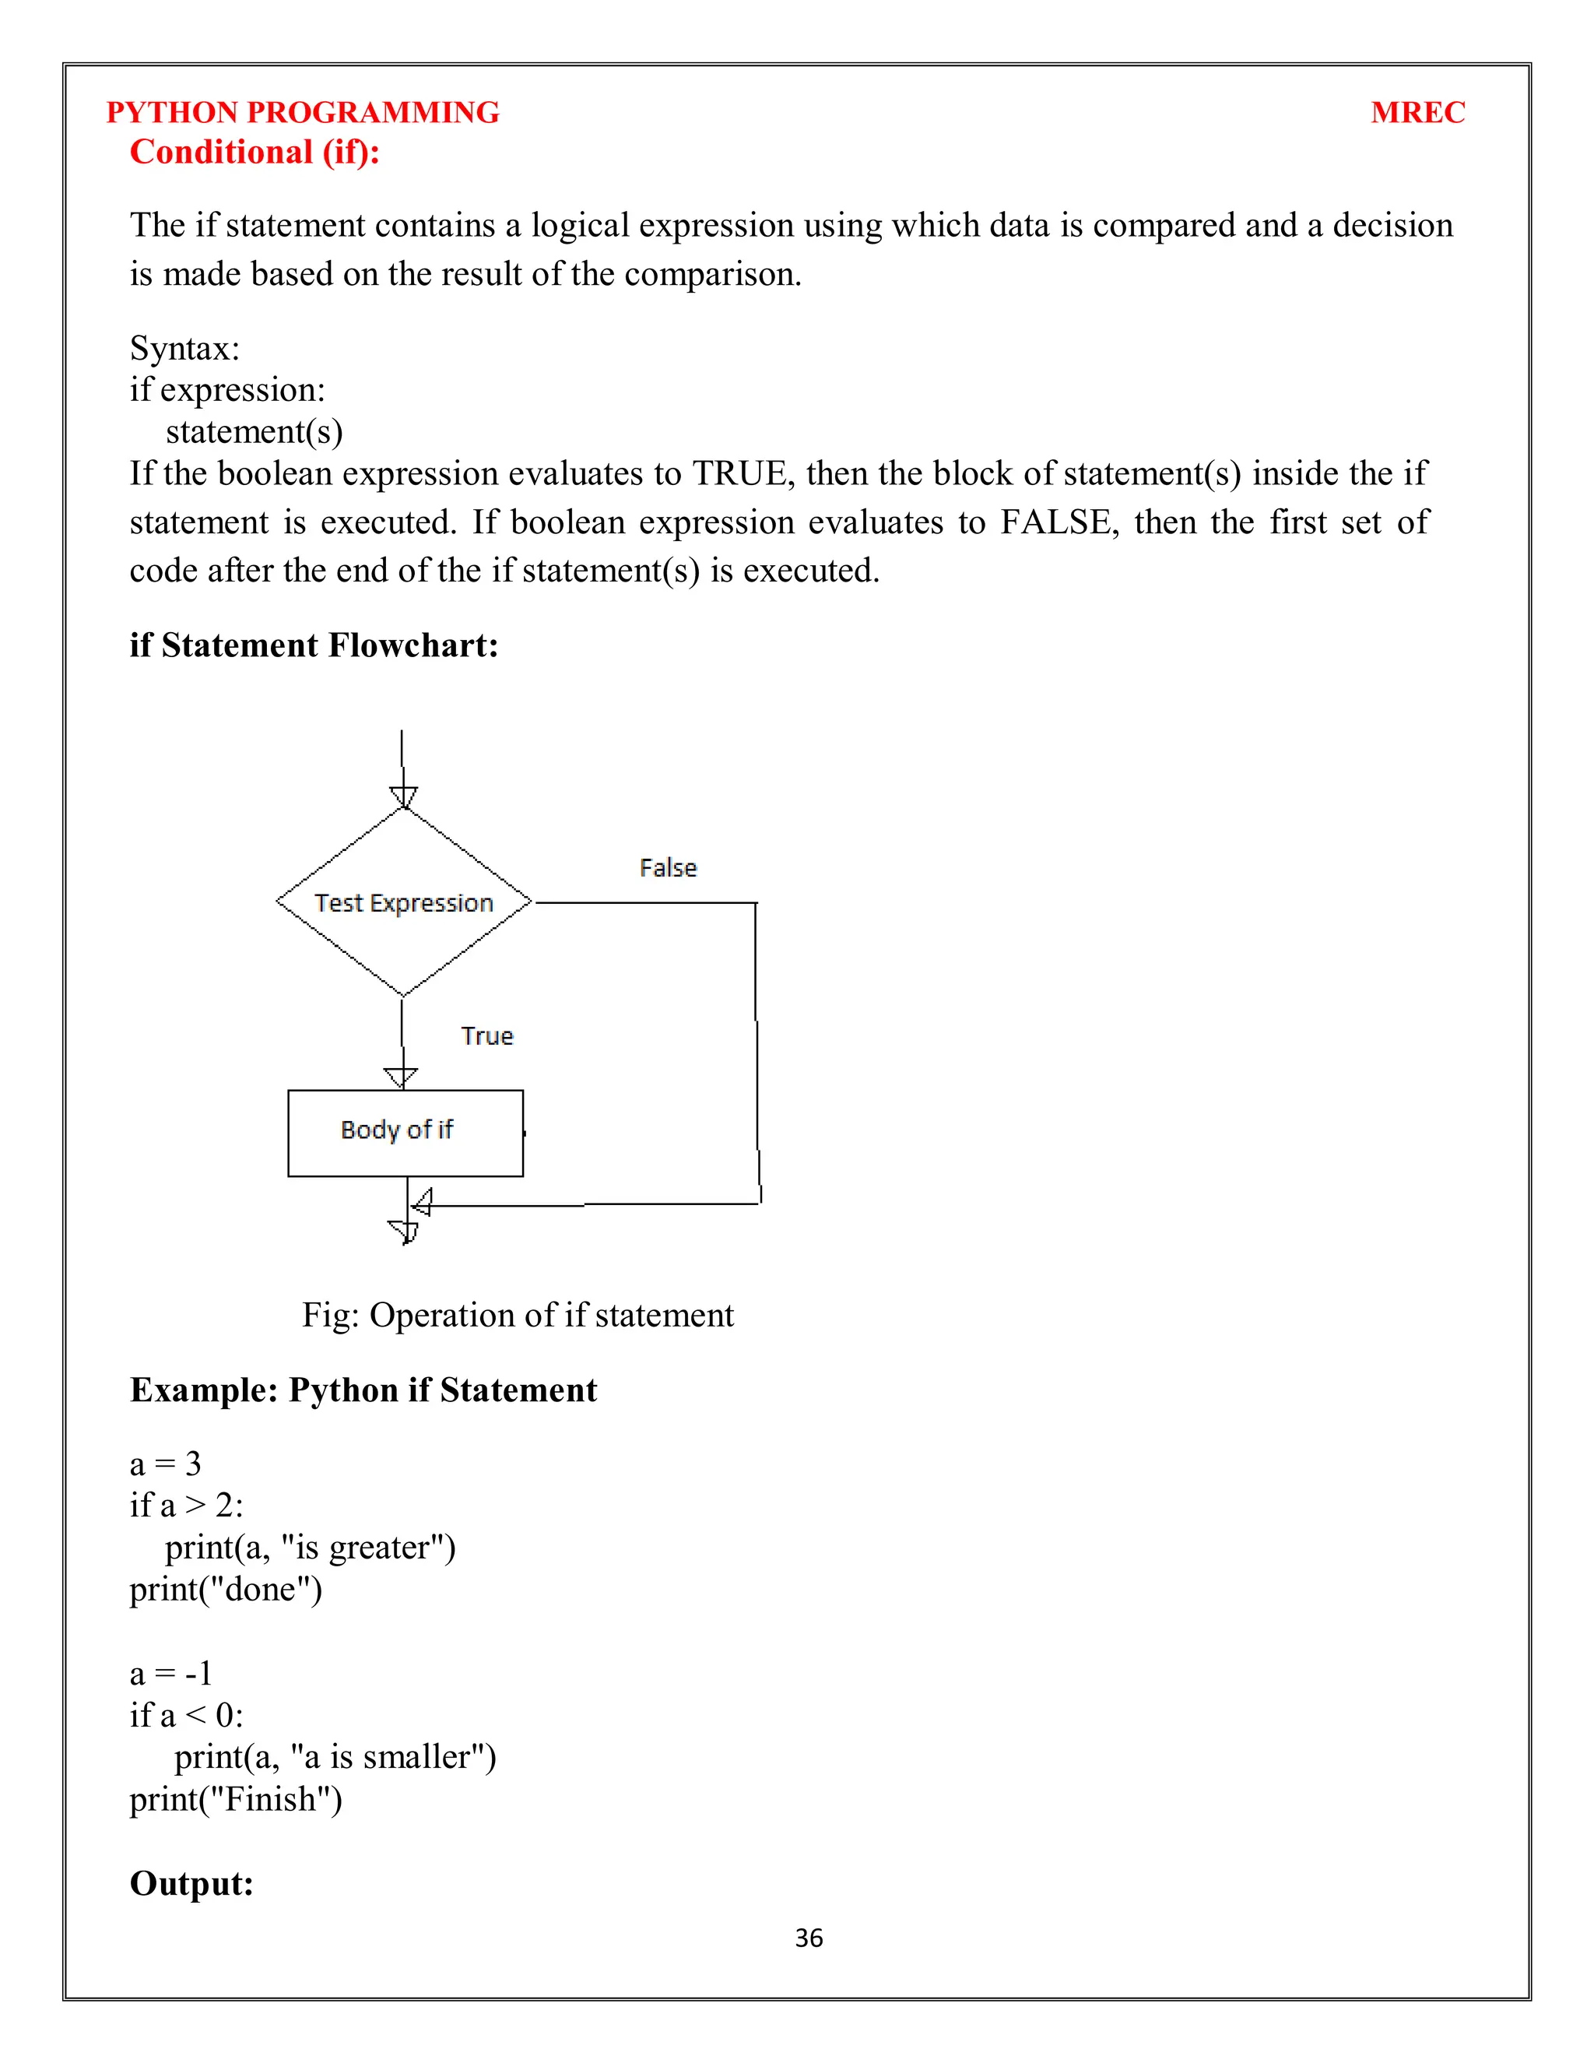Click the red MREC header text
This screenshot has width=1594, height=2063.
(1417, 112)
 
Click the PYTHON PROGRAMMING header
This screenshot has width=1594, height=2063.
(302, 112)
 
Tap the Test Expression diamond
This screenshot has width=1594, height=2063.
(403, 902)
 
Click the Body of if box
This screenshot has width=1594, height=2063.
(405, 1133)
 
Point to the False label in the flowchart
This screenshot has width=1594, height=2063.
(668, 867)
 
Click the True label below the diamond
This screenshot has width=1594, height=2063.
(486, 1035)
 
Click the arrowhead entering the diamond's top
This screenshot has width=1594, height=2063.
(403, 797)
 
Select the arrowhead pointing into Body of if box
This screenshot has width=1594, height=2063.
(402, 1077)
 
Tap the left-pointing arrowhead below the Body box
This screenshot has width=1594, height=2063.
(422, 1203)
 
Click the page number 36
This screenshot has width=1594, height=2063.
(809, 1938)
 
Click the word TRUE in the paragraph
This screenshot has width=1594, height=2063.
(739, 473)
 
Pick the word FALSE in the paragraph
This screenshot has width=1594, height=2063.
(1055, 522)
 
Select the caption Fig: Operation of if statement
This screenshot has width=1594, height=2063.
(518, 1315)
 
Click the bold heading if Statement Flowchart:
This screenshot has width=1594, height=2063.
(314, 645)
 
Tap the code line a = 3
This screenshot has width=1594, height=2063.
(165, 1464)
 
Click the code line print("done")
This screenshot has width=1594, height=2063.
(226, 1589)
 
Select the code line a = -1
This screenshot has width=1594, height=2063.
(171, 1673)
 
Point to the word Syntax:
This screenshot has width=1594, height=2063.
(185, 349)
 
